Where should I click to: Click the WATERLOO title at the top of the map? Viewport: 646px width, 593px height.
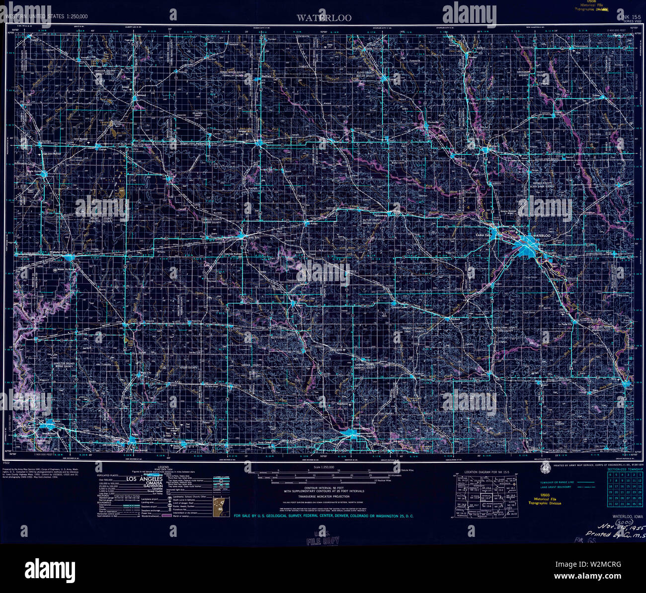(324, 18)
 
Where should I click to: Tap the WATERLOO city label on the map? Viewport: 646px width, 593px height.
(542, 235)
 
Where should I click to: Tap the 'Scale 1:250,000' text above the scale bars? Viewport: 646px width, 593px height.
(323, 467)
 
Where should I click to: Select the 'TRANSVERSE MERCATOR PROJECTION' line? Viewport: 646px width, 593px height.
(323, 496)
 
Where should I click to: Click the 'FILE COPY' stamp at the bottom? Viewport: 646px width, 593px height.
(323, 540)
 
